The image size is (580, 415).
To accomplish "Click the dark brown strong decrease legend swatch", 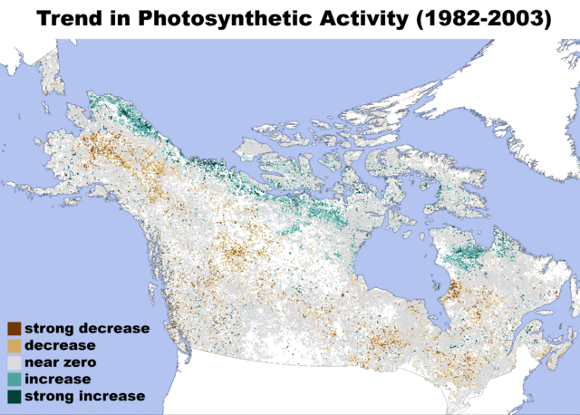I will coord(14,328).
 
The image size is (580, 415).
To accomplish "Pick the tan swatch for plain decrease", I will coord(14,345).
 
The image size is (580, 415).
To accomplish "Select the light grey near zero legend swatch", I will coord(14,362).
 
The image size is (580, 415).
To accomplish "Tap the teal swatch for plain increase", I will coord(14,380).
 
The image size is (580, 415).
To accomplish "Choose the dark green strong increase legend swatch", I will coord(14,397).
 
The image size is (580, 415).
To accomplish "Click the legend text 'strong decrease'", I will coord(87,328).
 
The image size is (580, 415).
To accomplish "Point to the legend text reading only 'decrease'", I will coord(60,345).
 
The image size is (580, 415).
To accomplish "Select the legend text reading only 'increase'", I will coord(58,380).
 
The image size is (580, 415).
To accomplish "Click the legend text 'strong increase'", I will coord(84,397).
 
